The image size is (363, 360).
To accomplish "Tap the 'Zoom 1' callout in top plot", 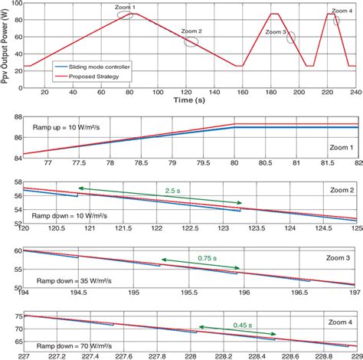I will [123, 8].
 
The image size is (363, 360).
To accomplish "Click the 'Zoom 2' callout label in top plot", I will [191, 31].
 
